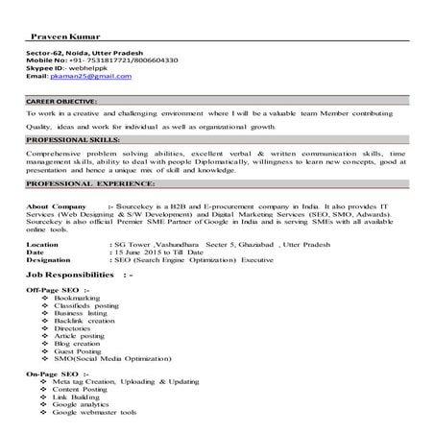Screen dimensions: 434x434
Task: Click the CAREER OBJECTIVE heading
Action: tap(61, 100)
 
